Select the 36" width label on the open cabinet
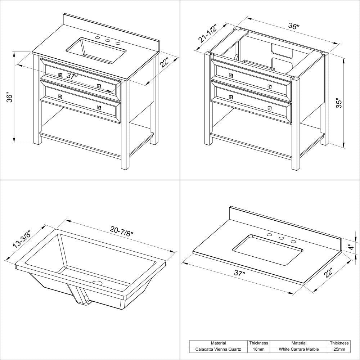[294, 27]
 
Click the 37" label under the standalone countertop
[239, 273]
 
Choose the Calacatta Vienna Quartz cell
[219, 349]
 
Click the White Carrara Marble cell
[299, 349]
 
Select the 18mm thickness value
[259, 349]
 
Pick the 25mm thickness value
[339, 349]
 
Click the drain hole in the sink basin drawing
[97, 283]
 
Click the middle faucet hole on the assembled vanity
[108, 41]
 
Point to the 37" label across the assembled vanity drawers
[72, 76]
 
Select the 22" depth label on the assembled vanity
[165, 62]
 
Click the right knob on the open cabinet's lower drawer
[269, 108]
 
